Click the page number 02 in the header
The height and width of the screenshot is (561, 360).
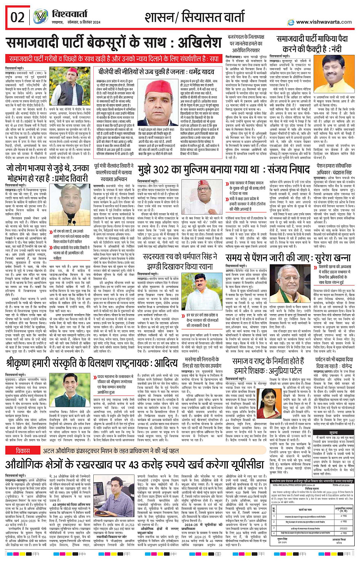(18, 17)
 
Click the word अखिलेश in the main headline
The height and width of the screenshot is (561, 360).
(193, 43)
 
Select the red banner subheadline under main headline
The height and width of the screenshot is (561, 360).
(114, 59)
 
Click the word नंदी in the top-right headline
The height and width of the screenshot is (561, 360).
(334, 50)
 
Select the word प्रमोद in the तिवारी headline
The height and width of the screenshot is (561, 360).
(60, 178)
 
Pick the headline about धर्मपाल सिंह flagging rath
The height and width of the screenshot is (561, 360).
(180, 261)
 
